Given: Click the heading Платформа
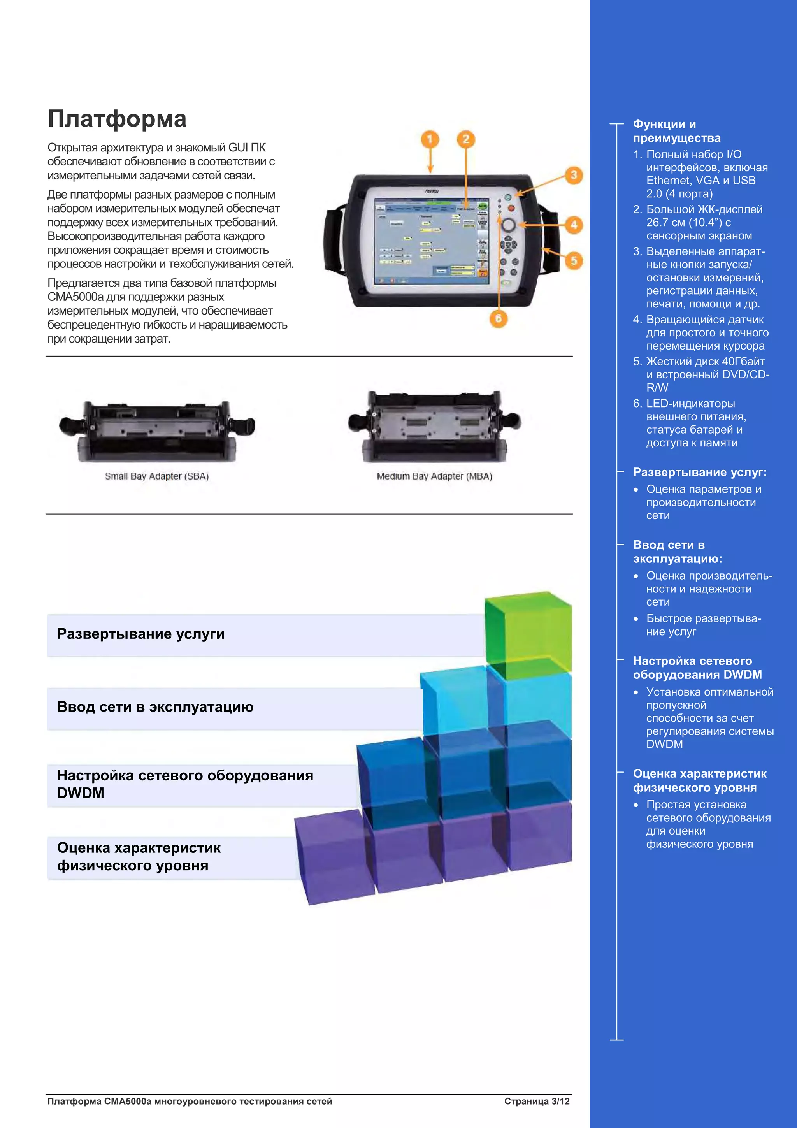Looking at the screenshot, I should point(117,119).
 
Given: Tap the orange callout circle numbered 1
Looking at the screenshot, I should point(430,139).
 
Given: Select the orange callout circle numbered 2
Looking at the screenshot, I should point(465,139).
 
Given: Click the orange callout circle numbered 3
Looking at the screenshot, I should point(573,176).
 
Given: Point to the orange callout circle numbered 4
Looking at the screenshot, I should point(573,225).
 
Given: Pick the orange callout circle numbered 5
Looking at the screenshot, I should point(573,260).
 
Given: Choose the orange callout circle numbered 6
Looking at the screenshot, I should point(498,318).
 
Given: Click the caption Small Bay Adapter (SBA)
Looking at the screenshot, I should point(157,476).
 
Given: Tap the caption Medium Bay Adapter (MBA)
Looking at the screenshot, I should point(434,476).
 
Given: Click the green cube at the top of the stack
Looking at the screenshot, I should point(528,634).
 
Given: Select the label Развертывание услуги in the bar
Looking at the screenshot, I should point(141,634).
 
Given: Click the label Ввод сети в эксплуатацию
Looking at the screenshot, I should point(155,706).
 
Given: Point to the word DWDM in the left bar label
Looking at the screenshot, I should point(81,793).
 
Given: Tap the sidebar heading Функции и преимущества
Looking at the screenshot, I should point(676,131).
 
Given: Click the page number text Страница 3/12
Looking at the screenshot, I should point(536,1101).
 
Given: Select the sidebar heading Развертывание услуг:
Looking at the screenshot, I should point(699,472).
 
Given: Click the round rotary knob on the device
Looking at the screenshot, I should point(508,225).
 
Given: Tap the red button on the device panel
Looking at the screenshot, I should point(511,208).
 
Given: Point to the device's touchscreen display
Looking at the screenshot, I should point(425,242).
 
